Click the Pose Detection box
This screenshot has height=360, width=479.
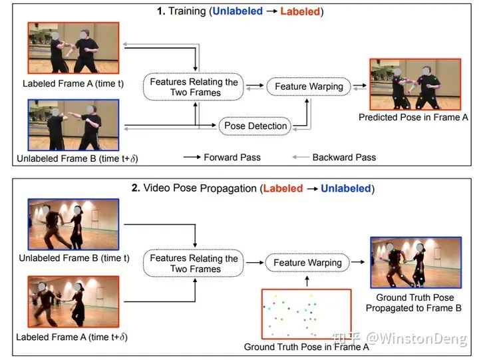pyautogui.click(x=256, y=126)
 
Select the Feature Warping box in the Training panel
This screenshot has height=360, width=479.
pyautogui.click(x=309, y=87)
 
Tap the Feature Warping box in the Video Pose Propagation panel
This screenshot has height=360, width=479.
pyautogui.click(x=307, y=263)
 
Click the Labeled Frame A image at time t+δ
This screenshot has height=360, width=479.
pyautogui.click(x=73, y=302)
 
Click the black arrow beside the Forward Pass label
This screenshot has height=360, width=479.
pyautogui.click(x=192, y=158)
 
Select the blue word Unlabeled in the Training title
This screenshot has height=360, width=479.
pyautogui.click(x=238, y=11)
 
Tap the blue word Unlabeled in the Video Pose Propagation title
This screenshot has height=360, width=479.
pyautogui.click(x=345, y=188)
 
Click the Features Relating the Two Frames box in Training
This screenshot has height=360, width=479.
pyautogui.click(x=194, y=87)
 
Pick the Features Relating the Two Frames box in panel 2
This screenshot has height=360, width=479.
pyautogui.click(x=194, y=264)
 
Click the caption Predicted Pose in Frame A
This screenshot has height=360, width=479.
pyautogui.click(x=409, y=117)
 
